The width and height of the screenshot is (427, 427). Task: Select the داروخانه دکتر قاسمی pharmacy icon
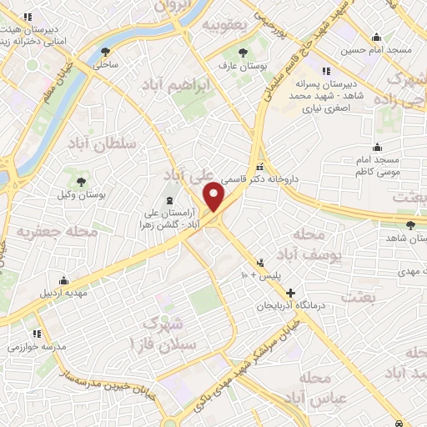tap(260, 165)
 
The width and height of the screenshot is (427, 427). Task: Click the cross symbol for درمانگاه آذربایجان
tap(290, 293)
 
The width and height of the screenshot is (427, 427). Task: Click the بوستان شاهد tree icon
tap(409, 224)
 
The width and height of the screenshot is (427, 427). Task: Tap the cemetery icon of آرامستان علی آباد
tap(170, 199)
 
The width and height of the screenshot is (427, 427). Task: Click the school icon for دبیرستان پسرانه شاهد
tap(324, 71)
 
